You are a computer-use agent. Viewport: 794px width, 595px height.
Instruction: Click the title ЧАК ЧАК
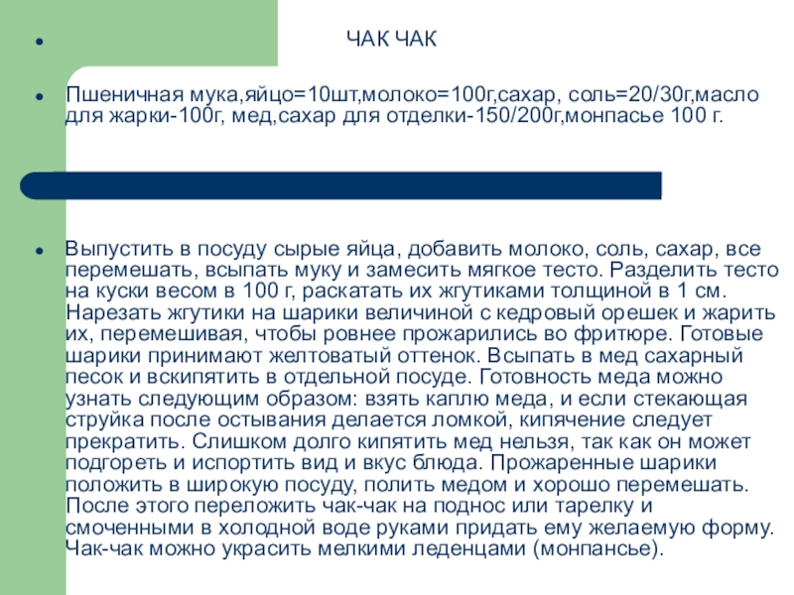[391, 40]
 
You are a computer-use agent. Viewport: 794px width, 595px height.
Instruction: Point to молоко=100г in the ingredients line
[417, 95]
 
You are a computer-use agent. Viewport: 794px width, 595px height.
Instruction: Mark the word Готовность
[536, 377]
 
